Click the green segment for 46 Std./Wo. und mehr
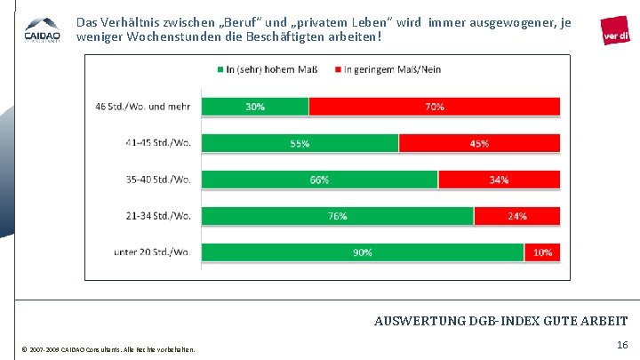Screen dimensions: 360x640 (x=255, y=107)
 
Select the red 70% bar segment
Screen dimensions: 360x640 (x=435, y=107)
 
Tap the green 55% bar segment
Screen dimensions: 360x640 (x=300, y=143)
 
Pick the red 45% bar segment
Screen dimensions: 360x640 (x=479, y=143)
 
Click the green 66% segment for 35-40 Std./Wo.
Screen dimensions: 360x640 (x=320, y=180)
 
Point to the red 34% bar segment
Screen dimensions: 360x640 (x=499, y=180)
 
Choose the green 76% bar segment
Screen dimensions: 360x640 (x=338, y=216)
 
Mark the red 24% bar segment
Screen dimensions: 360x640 (x=516, y=216)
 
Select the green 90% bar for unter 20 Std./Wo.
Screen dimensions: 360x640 (x=363, y=252)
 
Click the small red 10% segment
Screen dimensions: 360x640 (x=542, y=252)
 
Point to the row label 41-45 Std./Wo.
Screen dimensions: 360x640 (x=159, y=143)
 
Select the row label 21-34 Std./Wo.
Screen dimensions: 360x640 (x=159, y=216)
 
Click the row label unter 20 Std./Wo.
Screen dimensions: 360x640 (x=153, y=252)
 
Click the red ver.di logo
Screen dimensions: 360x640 (x=616, y=33)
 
